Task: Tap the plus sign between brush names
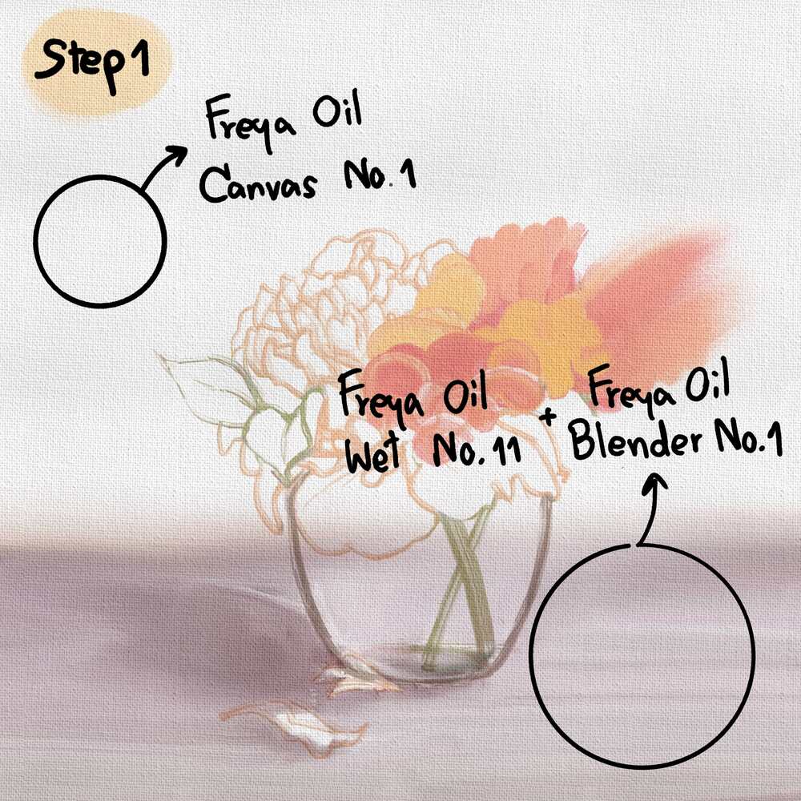(x=548, y=417)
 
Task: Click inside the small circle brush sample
(x=100, y=241)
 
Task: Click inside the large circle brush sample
(x=642, y=656)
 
